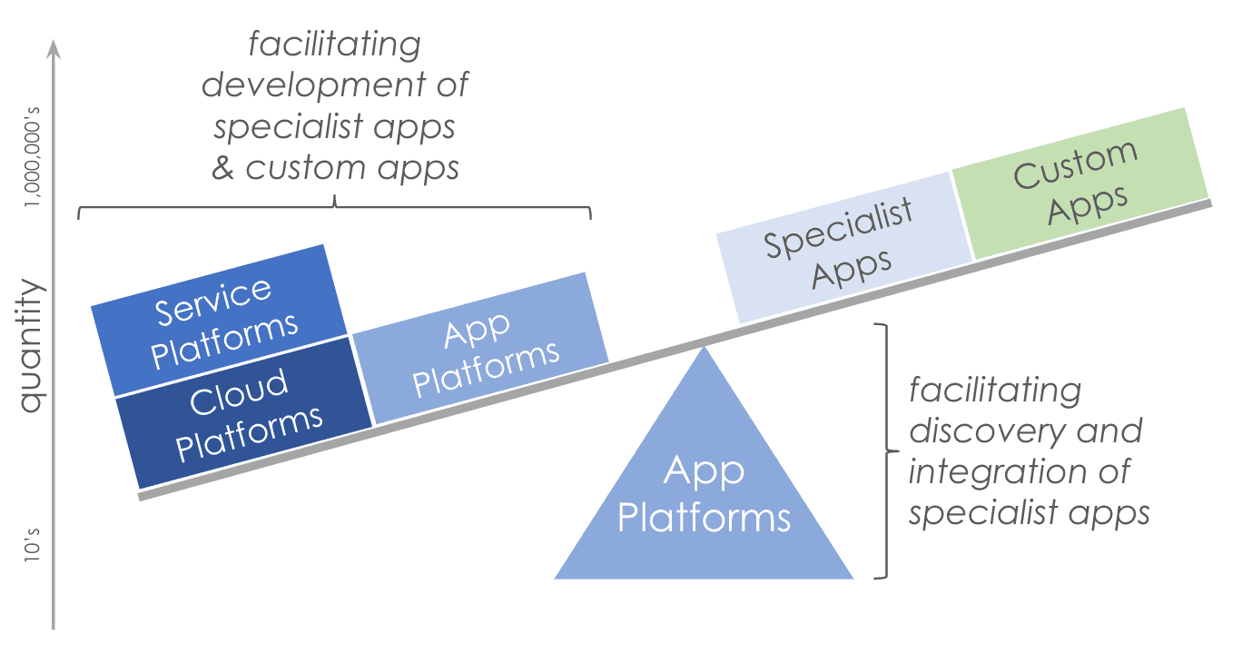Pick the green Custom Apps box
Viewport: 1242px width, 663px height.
(x=1080, y=183)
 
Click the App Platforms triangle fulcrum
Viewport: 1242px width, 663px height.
(x=705, y=495)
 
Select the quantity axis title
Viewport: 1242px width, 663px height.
(x=32, y=346)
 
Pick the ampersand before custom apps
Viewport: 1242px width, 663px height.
(x=222, y=168)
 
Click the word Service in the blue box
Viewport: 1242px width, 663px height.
(x=213, y=302)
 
